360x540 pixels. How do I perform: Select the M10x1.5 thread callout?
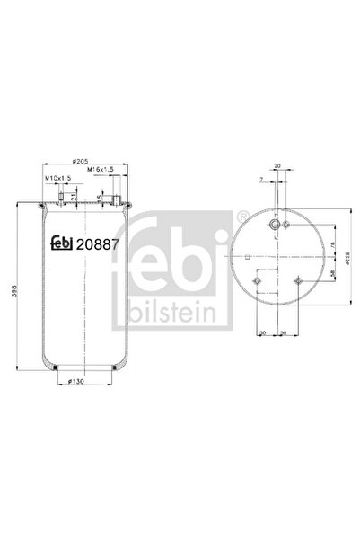point(58,178)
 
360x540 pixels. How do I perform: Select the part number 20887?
point(95,242)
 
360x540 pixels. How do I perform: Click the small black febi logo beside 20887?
point(59,242)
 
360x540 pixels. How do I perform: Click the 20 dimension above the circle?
point(278,165)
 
